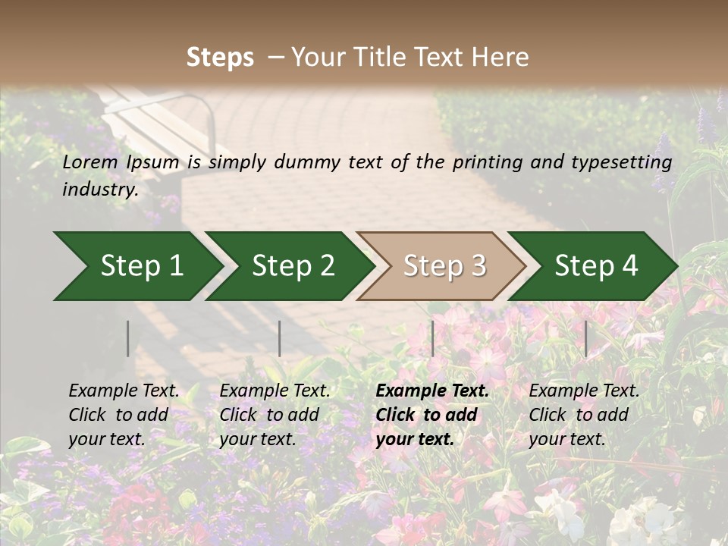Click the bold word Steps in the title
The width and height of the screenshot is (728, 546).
(x=220, y=58)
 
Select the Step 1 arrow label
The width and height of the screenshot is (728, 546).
(x=142, y=266)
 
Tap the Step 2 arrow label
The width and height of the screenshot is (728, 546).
(x=293, y=266)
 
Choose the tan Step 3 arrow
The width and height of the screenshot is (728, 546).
(x=444, y=266)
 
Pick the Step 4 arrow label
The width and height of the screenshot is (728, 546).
(x=596, y=266)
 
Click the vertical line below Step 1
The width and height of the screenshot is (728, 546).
(x=128, y=338)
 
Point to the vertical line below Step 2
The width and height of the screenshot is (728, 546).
(x=280, y=338)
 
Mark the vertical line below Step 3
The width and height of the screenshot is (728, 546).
(x=432, y=338)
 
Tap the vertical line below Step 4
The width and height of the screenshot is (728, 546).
(x=585, y=338)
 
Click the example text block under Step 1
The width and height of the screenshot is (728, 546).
(x=124, y=415)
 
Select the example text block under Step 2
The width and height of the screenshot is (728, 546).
(x=275, y=415)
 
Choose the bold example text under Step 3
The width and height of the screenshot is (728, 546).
(x=432, y=415)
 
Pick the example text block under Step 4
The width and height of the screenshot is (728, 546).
(x=584, y=415)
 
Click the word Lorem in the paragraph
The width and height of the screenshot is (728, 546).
(x=89, y=162)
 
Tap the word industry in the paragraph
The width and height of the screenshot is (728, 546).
(x=99, y=190)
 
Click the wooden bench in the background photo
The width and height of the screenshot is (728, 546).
(x=163, y=121)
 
